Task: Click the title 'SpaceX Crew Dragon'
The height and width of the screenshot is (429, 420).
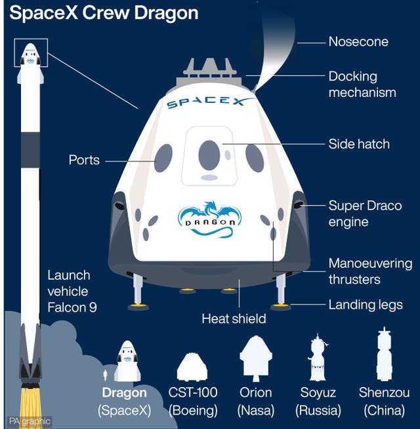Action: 104,14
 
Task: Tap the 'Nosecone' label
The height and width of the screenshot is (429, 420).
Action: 358,42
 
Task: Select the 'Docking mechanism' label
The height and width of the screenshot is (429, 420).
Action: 362,84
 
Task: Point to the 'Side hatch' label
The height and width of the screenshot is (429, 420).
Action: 359,144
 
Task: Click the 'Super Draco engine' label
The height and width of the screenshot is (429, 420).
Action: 365,214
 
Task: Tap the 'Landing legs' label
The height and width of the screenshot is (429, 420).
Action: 366,305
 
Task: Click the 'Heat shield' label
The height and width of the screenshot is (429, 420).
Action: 234,319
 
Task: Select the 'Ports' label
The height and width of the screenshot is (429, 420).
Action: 84,160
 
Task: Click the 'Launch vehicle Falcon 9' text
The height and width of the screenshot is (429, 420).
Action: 72,290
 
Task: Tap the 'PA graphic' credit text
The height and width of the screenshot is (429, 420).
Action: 29,422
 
